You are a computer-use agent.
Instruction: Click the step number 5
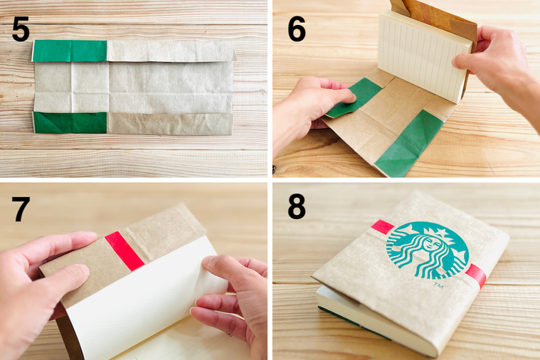point(21,29)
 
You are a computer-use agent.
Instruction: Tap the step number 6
point(297,29)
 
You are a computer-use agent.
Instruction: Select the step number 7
point(21,209)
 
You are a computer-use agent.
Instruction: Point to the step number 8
point(297,207)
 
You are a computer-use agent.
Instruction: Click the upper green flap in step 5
point(70,51)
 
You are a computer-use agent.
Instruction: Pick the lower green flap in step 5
point(70,122)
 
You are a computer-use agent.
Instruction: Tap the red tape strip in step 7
point(125,251)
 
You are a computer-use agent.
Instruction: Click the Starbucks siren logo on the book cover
point(428,250)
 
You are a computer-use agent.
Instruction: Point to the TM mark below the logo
point(438,285)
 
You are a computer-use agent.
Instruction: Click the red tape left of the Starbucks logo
point(382,227)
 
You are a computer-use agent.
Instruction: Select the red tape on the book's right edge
point(477,275)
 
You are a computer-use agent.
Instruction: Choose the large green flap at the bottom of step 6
point(409,144)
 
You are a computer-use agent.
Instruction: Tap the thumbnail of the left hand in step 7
point(82,270)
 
